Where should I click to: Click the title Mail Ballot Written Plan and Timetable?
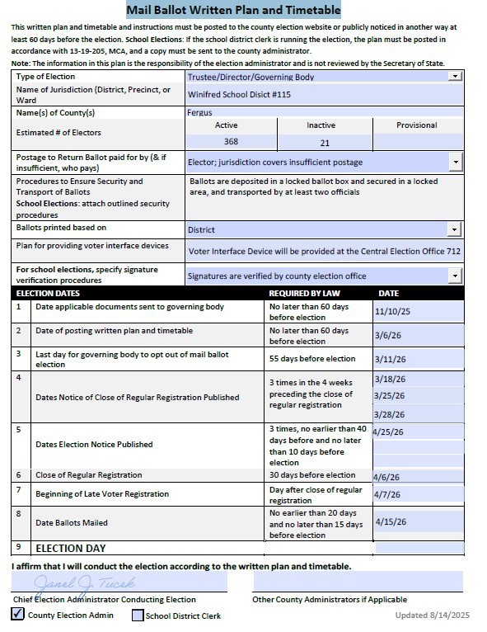(233, 10)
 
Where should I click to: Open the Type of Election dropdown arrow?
(454, 76)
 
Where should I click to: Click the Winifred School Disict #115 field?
(239, 94)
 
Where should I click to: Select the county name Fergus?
(199, 112)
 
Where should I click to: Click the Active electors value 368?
(231, 142)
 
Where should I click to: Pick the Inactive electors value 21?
(324, 143)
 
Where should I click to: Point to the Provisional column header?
(416, 125)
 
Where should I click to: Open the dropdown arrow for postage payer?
(456, 162)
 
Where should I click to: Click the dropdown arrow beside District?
(454, 229)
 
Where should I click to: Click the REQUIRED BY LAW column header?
(304, 293)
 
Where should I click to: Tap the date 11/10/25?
(392, 312)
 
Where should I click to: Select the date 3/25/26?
(389, 396)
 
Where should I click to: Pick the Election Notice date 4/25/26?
(388, 432)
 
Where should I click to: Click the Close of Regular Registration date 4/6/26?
(386, 477)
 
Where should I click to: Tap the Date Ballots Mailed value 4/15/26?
(391, 521)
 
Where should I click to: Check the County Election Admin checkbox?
(18, 614)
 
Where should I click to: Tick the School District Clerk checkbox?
(138, 615)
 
